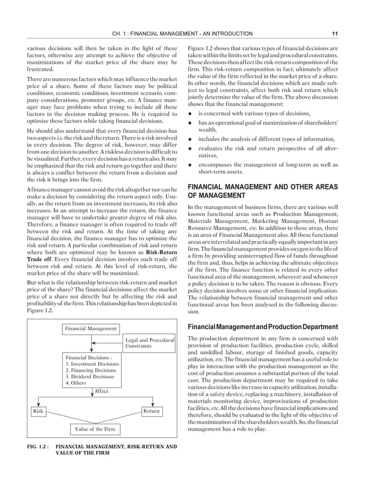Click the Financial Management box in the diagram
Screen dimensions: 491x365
90,329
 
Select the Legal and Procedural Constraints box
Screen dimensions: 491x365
149,343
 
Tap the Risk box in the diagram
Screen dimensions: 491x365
39,410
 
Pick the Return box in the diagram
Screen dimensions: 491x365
151,410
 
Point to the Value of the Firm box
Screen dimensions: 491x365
96,428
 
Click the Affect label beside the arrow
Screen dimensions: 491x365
101,391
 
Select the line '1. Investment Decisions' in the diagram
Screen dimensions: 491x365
93,364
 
